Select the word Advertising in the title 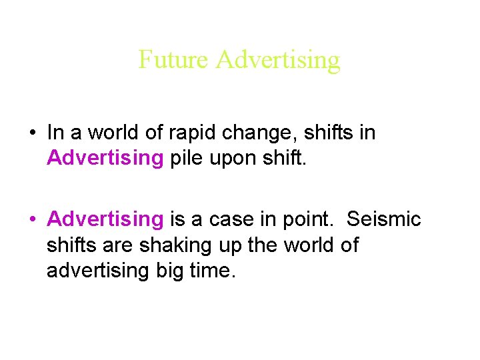pos(278,61)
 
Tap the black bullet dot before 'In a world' pos(32,133)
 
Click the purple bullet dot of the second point pos(32,219)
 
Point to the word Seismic pos(385,219)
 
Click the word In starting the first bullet pos(55,133)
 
